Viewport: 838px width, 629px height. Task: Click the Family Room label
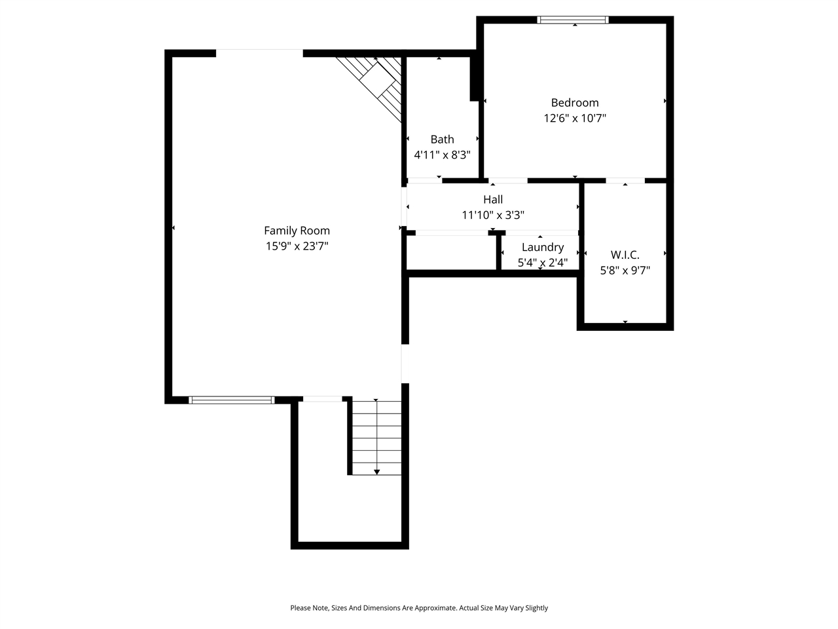[297, 231]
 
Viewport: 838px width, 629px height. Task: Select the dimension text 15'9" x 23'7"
[297, 246]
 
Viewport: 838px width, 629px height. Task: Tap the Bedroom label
[575, 103]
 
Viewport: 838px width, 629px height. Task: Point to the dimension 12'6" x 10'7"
[575, 119]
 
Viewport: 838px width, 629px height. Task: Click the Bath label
[442, 140]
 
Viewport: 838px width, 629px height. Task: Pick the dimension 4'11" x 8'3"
[442, 155]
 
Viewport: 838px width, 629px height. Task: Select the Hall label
[493, 200]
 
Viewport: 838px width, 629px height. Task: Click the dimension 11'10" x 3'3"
[493, 215]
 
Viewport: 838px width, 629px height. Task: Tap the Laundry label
[542, 248]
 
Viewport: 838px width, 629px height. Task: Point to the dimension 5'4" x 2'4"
[542, 263]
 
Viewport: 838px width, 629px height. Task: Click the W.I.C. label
[625, 255]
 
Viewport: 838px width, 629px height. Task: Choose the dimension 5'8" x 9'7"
[625, 270]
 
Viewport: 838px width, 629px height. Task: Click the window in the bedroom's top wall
[573, 20]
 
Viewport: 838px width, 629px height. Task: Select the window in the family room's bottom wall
[231, 400]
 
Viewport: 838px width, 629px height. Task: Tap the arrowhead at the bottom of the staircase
[376, 472]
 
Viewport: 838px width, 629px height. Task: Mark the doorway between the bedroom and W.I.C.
[625, 180]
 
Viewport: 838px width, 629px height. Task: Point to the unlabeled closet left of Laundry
[451, 252]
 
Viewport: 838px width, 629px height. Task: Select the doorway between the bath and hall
[424, 180]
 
